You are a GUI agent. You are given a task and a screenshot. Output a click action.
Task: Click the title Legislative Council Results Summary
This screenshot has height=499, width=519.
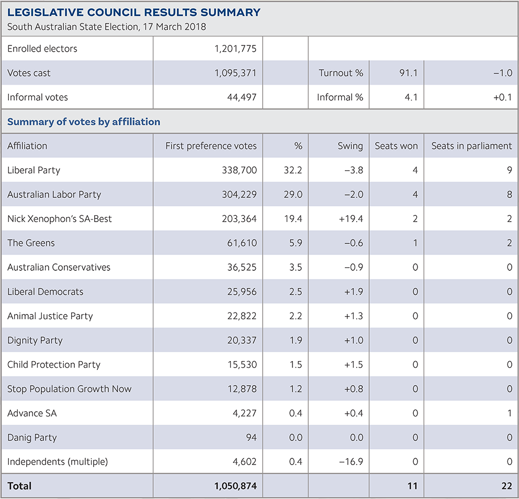coord(134,13)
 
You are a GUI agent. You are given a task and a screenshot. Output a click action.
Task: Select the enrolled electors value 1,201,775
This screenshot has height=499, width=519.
coord(235,49)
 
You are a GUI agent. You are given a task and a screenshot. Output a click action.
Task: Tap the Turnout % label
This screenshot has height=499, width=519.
coord(341,73)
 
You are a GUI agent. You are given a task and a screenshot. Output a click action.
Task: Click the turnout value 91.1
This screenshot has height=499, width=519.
coord(408,73)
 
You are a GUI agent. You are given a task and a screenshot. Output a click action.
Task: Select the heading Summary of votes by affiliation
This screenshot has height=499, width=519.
coord(84,122)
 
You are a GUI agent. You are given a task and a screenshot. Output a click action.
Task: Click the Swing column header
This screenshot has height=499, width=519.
coord(350,146)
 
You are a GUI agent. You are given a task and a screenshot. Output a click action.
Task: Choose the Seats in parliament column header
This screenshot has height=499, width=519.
coord(471,146)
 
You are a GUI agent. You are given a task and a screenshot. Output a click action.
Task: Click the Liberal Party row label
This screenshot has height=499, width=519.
coord(33,170)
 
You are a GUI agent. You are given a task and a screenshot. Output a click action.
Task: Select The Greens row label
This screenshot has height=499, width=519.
coord(31,243)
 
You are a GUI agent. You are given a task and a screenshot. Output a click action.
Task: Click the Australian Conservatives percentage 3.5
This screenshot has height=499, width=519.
coord(296,268)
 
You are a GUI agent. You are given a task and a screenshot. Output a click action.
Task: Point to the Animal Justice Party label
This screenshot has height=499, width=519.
coord(50,316)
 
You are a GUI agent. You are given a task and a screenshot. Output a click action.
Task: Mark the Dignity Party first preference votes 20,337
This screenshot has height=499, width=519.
coord(240,340)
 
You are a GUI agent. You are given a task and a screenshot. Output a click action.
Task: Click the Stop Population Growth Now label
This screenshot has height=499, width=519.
coord(70,389)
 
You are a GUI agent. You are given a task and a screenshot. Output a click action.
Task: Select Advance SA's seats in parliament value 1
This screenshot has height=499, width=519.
coord(509,413)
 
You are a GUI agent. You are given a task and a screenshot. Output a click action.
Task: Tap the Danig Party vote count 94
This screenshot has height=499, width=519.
coord(251,437)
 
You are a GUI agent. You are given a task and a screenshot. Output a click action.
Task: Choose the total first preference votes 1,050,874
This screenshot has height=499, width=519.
coord(235,486)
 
